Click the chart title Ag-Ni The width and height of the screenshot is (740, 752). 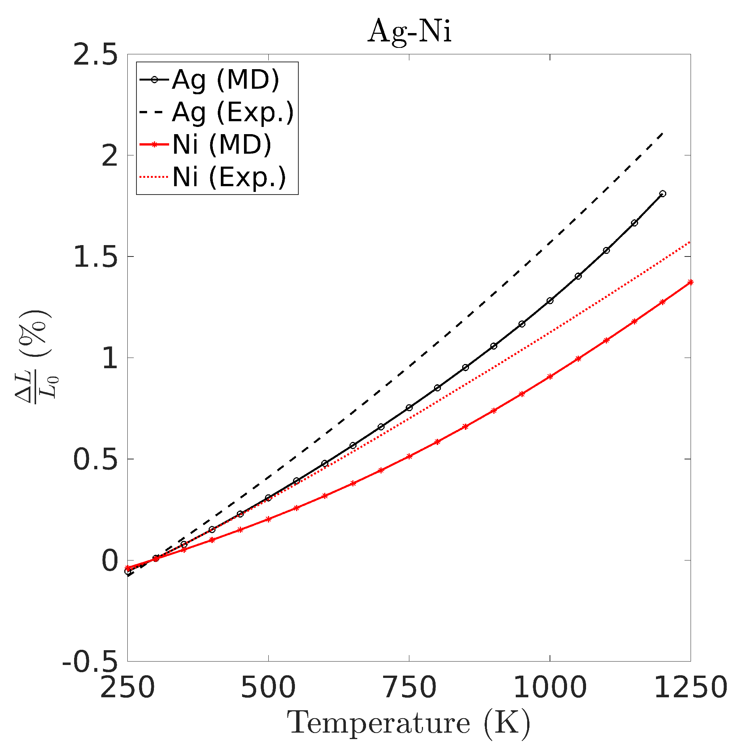[x=409, y=31]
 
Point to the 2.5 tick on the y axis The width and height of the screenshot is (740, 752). [x=95, y=55]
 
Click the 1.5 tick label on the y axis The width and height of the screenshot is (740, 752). [x=95, y=257]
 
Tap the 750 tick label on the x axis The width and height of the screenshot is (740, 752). [x=409, y=687]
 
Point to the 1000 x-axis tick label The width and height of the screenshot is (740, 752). [x=550, y=687]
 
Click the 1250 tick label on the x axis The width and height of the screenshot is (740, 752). [x=690, y=687]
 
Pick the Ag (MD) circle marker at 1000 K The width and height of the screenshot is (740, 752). [x=550, y=301]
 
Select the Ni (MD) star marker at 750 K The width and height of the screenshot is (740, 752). [x=409, y=456]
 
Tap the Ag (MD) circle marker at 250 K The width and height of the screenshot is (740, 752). [x=128, y=571]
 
